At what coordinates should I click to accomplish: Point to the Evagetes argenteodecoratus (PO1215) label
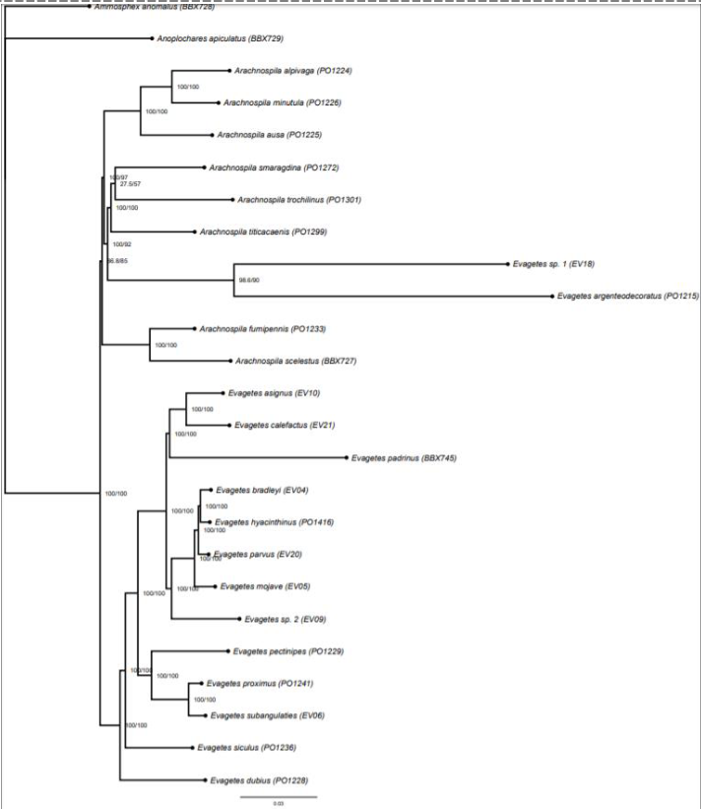(627, 296)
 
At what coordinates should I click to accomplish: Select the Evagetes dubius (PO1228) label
(255, 780)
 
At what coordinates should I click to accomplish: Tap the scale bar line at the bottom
(279, 795)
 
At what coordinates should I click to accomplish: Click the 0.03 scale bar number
(279, 804)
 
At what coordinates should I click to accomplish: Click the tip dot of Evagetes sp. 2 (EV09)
(239, 619)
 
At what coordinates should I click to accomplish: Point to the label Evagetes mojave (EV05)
(265, 586)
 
